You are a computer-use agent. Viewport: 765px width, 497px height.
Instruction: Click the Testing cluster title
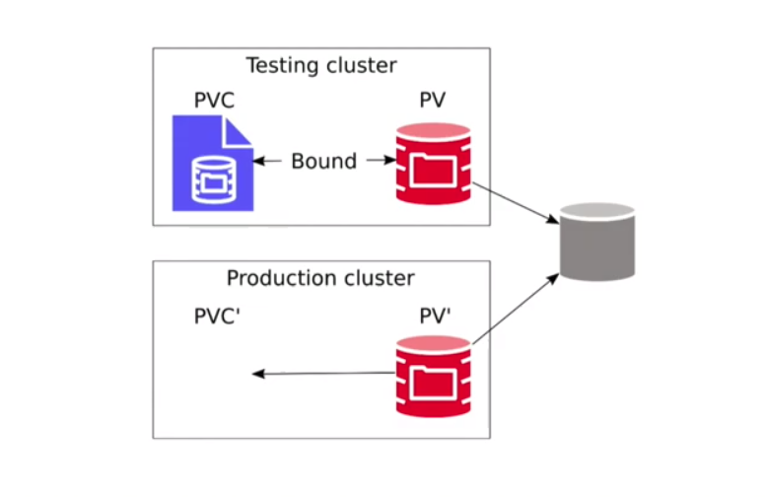tap(321, 65)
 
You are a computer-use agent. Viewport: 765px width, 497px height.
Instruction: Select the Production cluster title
tap(320, 278)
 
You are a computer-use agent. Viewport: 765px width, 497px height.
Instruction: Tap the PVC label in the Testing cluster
tap(214, 100)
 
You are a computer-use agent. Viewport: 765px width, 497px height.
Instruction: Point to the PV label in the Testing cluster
tap(432, 100)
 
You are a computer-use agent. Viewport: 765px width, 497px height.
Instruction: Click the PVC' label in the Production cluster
tap(217, 317)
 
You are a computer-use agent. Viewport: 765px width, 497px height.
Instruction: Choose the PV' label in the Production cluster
tap(435, 317)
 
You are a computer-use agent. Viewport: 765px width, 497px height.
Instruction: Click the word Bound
tap(324, 161)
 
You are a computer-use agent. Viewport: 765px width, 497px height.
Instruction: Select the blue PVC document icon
tap(213, 163)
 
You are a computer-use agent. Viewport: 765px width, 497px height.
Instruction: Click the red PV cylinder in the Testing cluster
tap(433, 164)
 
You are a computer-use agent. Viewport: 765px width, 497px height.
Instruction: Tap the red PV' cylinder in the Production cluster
tap(433, 377)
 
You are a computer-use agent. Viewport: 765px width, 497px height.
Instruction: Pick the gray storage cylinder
tap(597, 242)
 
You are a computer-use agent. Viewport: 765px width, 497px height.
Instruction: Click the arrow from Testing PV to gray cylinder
tap(516, 203)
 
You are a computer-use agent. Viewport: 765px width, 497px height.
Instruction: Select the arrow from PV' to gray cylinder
tap(516, 309)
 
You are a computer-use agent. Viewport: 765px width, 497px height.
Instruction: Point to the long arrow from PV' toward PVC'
tap(324, 374)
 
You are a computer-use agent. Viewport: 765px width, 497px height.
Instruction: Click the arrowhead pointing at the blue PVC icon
tap(259, 161)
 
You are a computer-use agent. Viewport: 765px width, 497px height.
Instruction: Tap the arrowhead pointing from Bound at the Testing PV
tap(389, 160)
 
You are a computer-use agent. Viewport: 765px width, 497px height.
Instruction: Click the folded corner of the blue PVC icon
tap(237, 132)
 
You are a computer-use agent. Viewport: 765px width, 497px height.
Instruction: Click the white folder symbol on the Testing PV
tap(433, 171)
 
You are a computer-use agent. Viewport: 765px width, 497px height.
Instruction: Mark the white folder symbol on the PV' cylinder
tap(433, 384)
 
